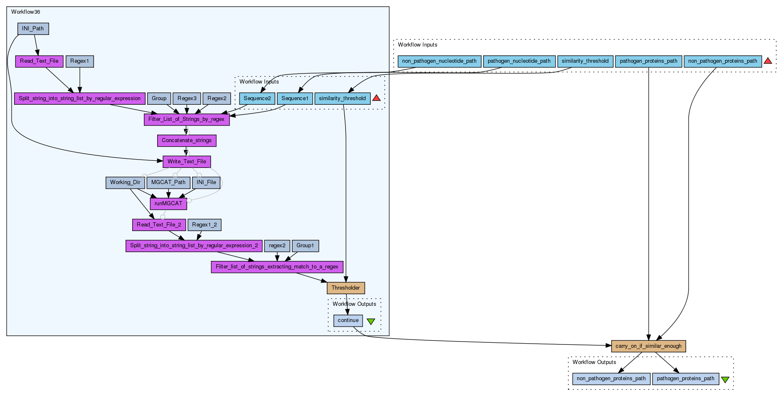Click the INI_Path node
tap(33, 29)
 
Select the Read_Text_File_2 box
tap(159, 225)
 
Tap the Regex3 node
tap(187, 98)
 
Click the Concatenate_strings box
tap(187, 140)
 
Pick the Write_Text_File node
tap(187, 161)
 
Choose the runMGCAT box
tap(168, 204)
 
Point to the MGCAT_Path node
tap(168, 182)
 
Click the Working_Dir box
tap(125, 182)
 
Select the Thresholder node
tap(346, 288)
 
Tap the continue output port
tap(348, 320)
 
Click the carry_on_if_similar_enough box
tap(648, 346)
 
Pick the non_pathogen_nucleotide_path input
tap(439, 61)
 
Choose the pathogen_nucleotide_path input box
tap(519, 61)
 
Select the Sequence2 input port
tap(257, 98)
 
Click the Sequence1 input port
tap(295, 98)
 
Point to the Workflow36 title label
tap(25, 12)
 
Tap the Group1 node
tap(305, 246)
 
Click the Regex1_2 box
tap(204, 225)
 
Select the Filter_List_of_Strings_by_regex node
tap(186, 119)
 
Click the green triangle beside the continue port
tap(371, 321)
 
